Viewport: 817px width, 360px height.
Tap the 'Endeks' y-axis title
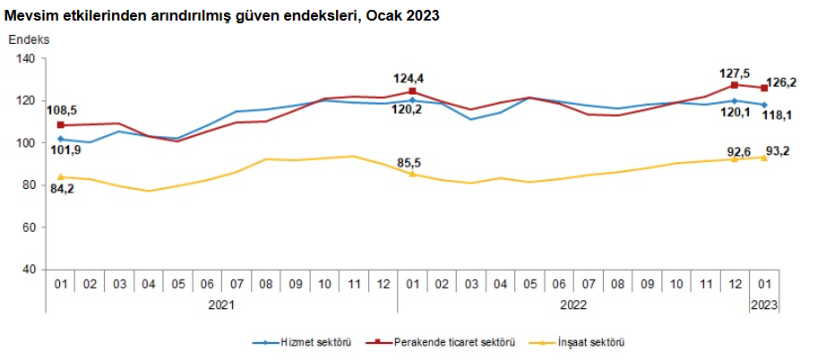tap(30, 40)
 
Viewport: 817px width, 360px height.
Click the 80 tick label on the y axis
tap(28, 185)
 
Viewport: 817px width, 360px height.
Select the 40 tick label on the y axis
tap(28, 270)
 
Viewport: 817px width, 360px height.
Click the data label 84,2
tap(61, 190)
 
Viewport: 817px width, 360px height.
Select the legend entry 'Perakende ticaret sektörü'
tap(449, 342)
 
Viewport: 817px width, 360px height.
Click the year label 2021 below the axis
tap(221, 304)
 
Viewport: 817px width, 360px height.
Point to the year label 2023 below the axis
tap(764, 304)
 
